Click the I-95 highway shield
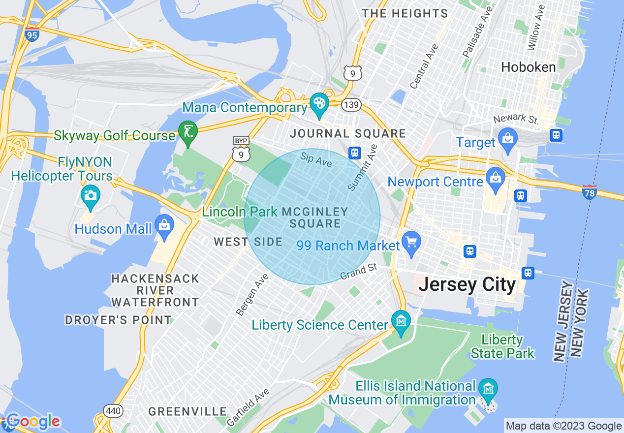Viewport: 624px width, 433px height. [32, 35]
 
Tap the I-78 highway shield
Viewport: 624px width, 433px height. [589, 192]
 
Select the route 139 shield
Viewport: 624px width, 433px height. [352, 105]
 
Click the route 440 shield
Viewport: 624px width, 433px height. [110, 410]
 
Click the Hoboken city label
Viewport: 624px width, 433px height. [528, 67]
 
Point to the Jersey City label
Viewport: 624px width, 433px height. [467, 285]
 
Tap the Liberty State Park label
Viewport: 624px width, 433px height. [502, 346]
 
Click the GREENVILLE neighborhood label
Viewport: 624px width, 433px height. [187, 411]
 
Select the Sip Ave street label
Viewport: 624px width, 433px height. [316, 159]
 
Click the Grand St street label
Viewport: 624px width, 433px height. [359, 271]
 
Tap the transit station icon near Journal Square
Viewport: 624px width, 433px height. [355, 153]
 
